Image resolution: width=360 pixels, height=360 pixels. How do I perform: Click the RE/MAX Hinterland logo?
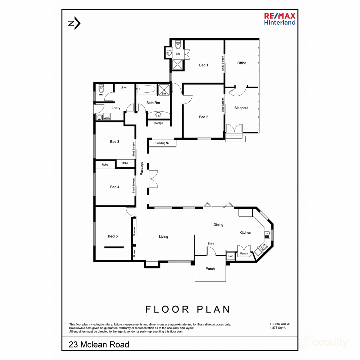click(x=280, y=19)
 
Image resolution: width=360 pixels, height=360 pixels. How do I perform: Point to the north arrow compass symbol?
click(x=74, y=23)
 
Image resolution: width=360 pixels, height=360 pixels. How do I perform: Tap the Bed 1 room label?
click(x=203, y=65)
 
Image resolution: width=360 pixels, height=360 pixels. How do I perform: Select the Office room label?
click(x=242, y=63)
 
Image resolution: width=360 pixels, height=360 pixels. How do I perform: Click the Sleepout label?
click(x=241, y=108)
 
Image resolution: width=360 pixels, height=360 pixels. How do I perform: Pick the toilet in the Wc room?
click(x=101, y=89)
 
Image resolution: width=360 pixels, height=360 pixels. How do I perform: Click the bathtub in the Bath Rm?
click(x=146, y=89)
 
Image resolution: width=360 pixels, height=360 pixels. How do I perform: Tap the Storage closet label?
click(x=158, y=123)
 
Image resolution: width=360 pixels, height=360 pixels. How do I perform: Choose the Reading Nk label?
click(x=162, y=143)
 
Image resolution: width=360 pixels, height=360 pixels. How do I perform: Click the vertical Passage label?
click(x=142, y=169)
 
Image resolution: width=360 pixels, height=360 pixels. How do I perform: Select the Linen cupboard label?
click(x=124, y=88)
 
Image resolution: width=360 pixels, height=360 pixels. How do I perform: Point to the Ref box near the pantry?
click(x=230, y=256)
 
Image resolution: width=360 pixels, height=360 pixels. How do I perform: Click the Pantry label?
click(x=244, y=253)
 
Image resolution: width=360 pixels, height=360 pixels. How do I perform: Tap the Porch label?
click(x=210, y=269)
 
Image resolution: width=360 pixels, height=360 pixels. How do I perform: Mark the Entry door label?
click(x=211, y=244)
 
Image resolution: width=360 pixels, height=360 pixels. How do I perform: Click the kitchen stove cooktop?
click(x=264, y=247)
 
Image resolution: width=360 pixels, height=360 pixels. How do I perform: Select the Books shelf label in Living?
click(x=134, y=253)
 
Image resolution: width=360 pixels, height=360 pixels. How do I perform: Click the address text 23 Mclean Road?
click(x=99, y=344)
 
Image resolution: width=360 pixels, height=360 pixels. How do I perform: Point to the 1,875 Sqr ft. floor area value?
click(x=278, y=328)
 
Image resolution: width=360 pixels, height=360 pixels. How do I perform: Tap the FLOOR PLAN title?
click(x=188, y=309)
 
